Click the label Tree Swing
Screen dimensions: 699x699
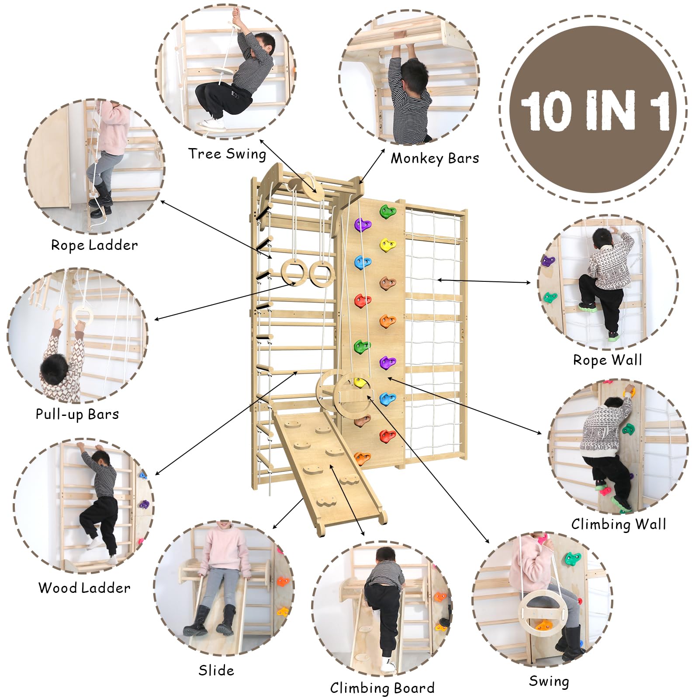tap(227, 154)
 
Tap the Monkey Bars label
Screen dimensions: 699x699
tap(435, 158)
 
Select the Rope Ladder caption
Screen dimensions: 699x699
tap(94, 245)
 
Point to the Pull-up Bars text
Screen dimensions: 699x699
tap(77, 414)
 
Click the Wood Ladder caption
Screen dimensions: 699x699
tap(84, 588)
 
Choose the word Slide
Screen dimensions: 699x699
tap(216, 670)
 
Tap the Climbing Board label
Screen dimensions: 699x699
tap(382, 688)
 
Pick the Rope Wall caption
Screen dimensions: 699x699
tap(608, 360)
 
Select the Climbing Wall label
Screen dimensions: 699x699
tap(619, 524)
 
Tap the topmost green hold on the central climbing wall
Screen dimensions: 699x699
tap(387, 212)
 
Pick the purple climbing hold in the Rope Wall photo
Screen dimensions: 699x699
tap(548, 262)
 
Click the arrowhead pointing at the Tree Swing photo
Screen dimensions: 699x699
tap(262, 141)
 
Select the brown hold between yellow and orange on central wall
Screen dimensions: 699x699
tap(387, 283)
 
